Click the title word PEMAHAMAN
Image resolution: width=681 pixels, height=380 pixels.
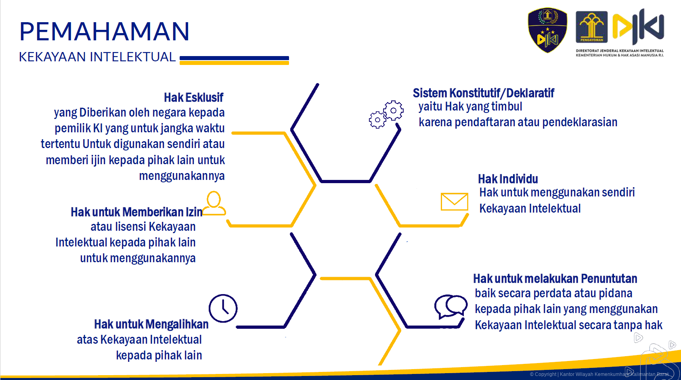104,31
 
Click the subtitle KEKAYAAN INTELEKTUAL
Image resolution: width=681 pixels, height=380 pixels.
97,57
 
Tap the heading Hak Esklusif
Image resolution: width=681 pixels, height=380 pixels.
194,98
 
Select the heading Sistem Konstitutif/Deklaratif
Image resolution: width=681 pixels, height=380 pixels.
483,93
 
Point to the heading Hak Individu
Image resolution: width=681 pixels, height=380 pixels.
508,179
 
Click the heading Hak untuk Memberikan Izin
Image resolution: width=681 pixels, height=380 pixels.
136,212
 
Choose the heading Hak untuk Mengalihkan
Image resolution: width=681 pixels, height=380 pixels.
151,324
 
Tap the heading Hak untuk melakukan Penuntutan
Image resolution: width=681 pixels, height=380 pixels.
555,278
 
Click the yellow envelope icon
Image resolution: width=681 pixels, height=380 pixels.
454,201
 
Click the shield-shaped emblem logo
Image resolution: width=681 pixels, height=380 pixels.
547,30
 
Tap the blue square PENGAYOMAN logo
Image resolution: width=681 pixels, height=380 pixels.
592,27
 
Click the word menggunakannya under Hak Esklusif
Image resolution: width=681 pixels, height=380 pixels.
182,176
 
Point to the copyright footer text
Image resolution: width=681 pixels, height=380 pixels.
599,374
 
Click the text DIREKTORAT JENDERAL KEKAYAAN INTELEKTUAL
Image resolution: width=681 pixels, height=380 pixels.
620,51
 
